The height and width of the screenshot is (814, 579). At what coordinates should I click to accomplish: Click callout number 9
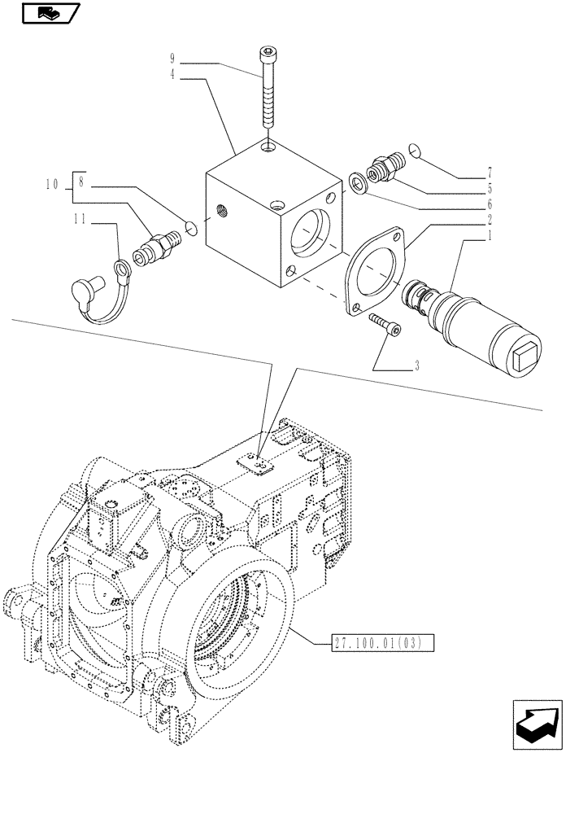172,59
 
